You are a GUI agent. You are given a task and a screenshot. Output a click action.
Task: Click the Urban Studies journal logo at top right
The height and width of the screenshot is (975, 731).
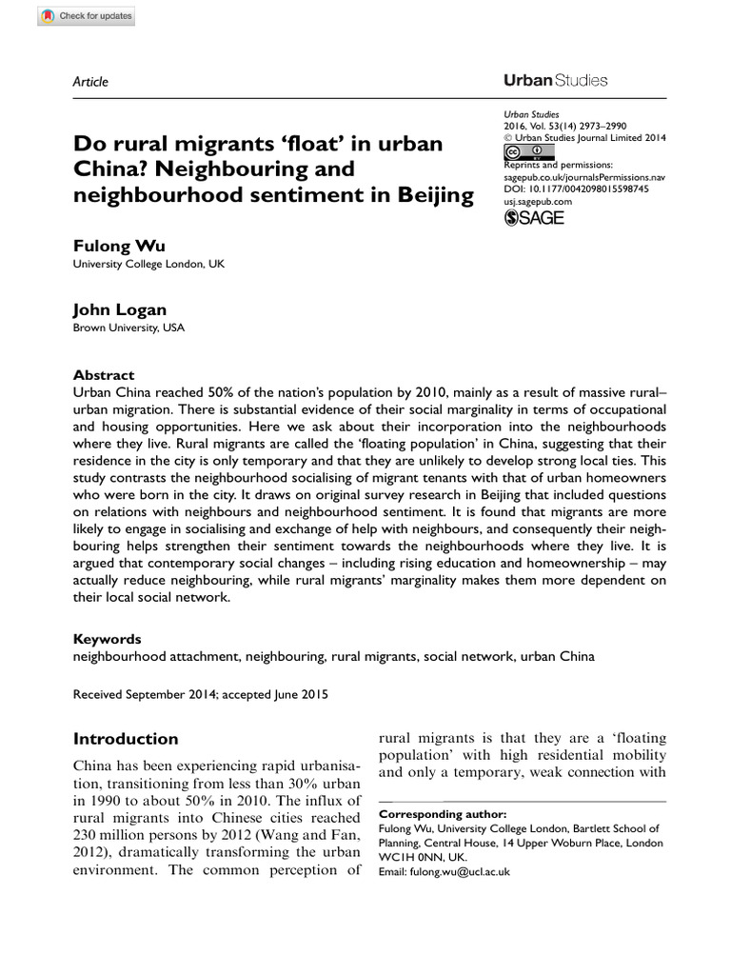[x=555, y=81]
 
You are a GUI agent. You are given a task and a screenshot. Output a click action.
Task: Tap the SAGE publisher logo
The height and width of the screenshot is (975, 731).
[x=533, y=218]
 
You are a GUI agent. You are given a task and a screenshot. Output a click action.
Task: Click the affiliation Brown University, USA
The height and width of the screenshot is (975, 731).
[x=128, y=328]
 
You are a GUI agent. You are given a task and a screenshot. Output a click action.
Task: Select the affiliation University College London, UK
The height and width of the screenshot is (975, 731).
[x=148, y=265]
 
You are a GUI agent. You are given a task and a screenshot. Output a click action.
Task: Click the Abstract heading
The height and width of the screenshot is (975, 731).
[x=104, y=375]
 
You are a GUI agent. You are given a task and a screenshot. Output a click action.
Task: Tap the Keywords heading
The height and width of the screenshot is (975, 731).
[x=107, y=639]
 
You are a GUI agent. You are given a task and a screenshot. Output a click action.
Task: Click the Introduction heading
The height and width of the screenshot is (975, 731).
[x=126, y=739]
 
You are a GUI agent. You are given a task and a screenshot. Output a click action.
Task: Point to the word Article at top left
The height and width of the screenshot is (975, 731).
[x=90, y=82]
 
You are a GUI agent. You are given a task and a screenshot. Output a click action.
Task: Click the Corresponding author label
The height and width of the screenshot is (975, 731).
[x=443, y=815]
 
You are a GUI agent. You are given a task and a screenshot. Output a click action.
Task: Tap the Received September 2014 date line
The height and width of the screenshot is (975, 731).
[x=200, y=695]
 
